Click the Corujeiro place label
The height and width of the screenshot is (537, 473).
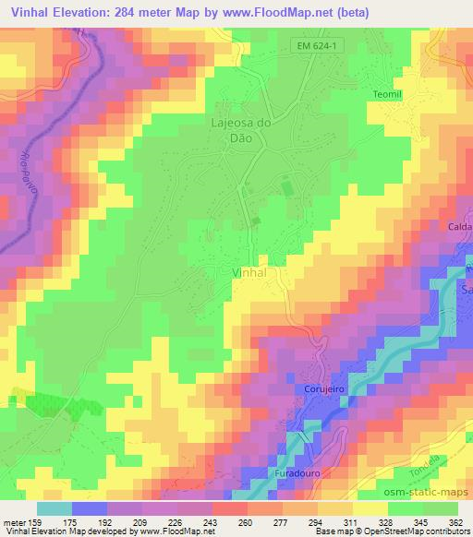tap(323, 390)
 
